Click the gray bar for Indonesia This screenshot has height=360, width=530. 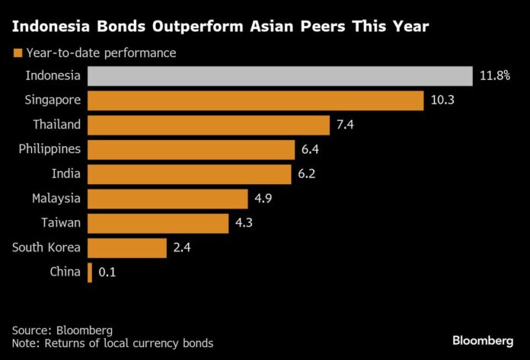click(x=280, y=75)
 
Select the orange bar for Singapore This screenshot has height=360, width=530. click(x=256, y=100)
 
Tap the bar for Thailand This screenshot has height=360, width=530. click(x=209, y=125)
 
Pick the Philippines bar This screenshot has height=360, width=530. click(x=192, y=149)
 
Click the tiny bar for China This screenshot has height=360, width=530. click(x=90, y=272)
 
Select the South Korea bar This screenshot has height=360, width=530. click(x=127, y=247)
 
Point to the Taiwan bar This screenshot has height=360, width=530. click(x=158, y=223)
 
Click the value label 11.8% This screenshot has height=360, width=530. click(x=495, y=76)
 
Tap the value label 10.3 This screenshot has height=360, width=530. click(x=441, y=100)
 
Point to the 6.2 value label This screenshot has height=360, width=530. click(x=307, y=174)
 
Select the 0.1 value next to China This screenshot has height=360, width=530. click(x=107, y=272)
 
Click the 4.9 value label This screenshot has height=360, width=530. click(x=264, y=199)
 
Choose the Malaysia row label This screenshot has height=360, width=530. click(x=56, y=199)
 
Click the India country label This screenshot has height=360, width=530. click(x=67, y=174)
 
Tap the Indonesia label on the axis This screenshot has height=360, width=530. click(x=53, y=75)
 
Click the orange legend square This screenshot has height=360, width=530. click(x=17, y=53)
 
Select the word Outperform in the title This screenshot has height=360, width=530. click(x=202, y=27)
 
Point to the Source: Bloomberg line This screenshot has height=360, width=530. click(x=62, y=330)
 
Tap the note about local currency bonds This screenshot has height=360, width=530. click(x=113, y=343)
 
